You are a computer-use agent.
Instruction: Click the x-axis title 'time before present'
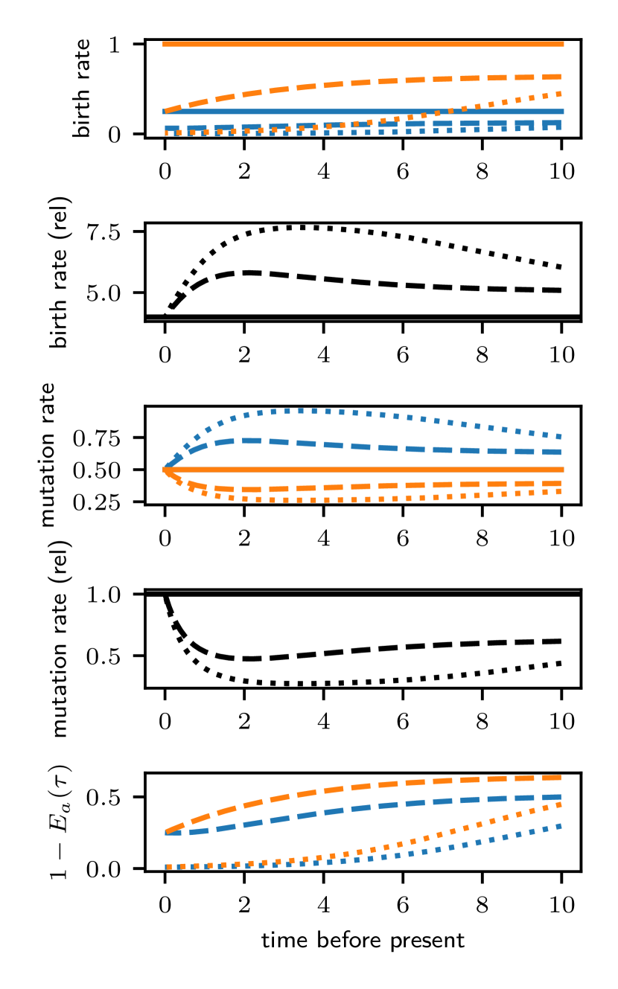[363, 940]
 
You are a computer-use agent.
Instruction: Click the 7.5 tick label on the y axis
[103, 232]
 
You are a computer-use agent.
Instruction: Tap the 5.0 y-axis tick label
[103, 293]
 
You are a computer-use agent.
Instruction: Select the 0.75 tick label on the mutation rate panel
[97, 438]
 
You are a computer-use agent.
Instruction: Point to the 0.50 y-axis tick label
[97, 470]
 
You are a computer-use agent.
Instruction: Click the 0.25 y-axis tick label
[97, 502]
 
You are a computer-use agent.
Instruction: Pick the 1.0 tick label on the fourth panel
[103, 595]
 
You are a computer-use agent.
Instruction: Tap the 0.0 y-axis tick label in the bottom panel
[103, 869]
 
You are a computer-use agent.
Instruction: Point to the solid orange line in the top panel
[363, 44]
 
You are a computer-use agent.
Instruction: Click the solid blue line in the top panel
[363, 112]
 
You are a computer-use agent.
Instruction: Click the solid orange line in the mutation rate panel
[363, 470]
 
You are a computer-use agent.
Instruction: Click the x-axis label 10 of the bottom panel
[562, 905]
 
